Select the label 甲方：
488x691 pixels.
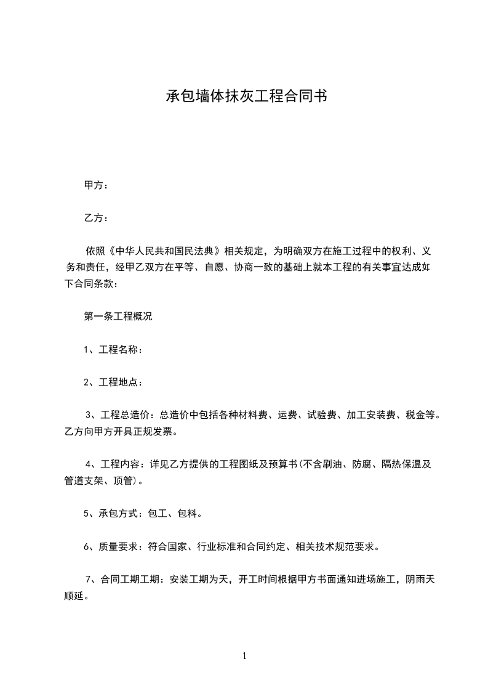pyautogui.click(x=97, y=185)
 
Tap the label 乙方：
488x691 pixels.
pyautogui.click(x=97, y=218)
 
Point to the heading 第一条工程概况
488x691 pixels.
pyautogui.click(x=118, y=317)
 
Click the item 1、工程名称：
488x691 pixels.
pyautogui.click(x=114, y=350)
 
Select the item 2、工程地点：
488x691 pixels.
pyautogui.click(x=114, y=382)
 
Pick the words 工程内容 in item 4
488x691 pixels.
pyautogui.click(x=121, y=464)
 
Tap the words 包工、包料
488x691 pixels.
pyautogui.click(x=173, y=513)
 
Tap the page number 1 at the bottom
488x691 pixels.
pyautogui.click(x=244, y=656)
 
